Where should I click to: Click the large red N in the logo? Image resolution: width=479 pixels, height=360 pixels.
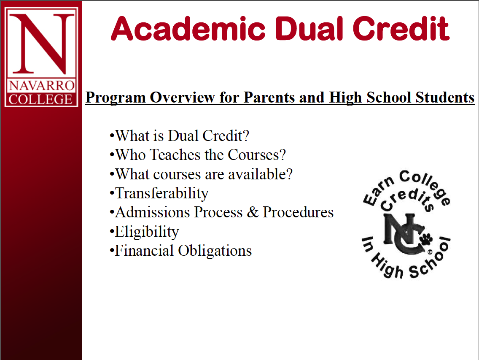(x=42, y=43)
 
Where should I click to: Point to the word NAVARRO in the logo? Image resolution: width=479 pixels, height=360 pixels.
(x=42, y=86)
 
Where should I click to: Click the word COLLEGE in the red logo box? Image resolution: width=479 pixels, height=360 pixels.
(x=40, y=100)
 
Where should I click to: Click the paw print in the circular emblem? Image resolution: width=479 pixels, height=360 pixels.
(x=426, y=239)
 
